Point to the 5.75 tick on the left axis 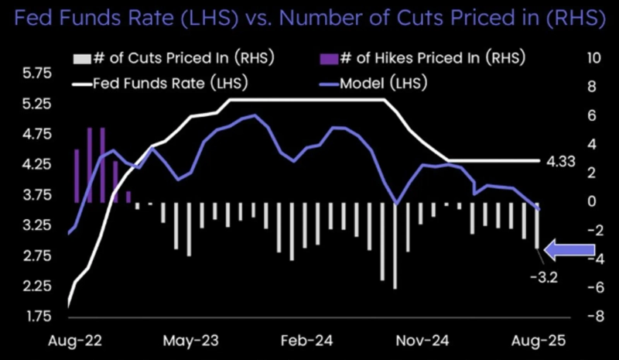36,74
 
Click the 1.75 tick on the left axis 36,317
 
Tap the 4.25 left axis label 36,165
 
